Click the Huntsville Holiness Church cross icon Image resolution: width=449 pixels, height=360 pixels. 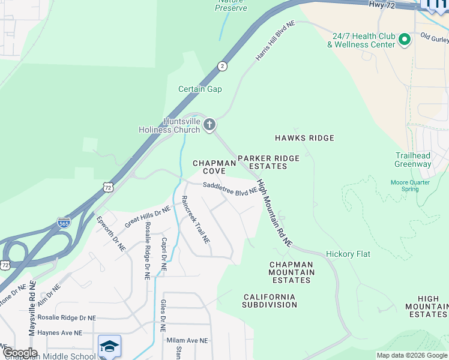coord(209,125)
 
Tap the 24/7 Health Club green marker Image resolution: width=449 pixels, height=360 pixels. coord(404,40)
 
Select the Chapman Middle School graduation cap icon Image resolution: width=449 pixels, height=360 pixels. coord(109,346)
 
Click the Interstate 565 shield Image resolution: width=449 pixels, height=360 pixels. coord(64,223)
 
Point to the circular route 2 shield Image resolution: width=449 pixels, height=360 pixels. coord(222,66)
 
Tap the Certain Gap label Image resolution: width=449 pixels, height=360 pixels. coord(200,89)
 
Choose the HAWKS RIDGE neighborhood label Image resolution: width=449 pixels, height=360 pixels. coord(304,138)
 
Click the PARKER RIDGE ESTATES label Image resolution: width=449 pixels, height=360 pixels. coord(268,162)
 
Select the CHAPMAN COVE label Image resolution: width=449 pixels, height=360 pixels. coord(209,167)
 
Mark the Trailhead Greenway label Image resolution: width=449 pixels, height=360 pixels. coord(413,160)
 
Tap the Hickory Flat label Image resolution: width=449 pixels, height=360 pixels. coord(348,254)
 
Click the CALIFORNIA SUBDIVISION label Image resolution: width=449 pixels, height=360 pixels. coord(270,301)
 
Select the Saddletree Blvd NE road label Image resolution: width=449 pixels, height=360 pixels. coord(230,188)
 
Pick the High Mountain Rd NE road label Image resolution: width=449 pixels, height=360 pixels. coord(274,213)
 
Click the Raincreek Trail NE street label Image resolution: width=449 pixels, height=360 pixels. coord(196,219)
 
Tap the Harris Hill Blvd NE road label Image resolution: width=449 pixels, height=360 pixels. coord(276,42)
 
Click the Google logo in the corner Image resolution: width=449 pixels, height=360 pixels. coord(19,353)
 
